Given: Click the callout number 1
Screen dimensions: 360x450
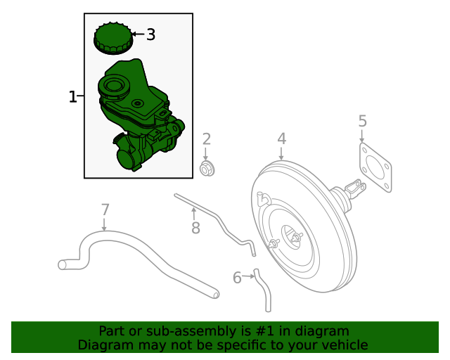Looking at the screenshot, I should [72, 96].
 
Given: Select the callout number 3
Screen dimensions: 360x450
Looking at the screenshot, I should [150, 34].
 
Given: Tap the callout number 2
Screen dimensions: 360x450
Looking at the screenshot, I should [207, 139].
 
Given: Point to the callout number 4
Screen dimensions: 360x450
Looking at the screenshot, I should [281, 139].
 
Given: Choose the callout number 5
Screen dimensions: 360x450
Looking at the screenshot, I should [362, 121].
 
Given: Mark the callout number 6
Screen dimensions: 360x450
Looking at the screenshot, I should [237, 278].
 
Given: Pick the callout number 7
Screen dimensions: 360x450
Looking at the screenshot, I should [105, 209].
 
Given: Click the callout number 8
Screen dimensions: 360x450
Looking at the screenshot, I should [195, 227].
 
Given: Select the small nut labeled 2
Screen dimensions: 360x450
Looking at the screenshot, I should [207, 169].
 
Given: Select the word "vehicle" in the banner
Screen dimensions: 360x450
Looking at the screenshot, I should [343, 345].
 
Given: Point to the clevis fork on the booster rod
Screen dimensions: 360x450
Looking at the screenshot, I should [357, 188].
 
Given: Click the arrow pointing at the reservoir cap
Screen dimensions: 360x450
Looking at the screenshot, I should [137, 34].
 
